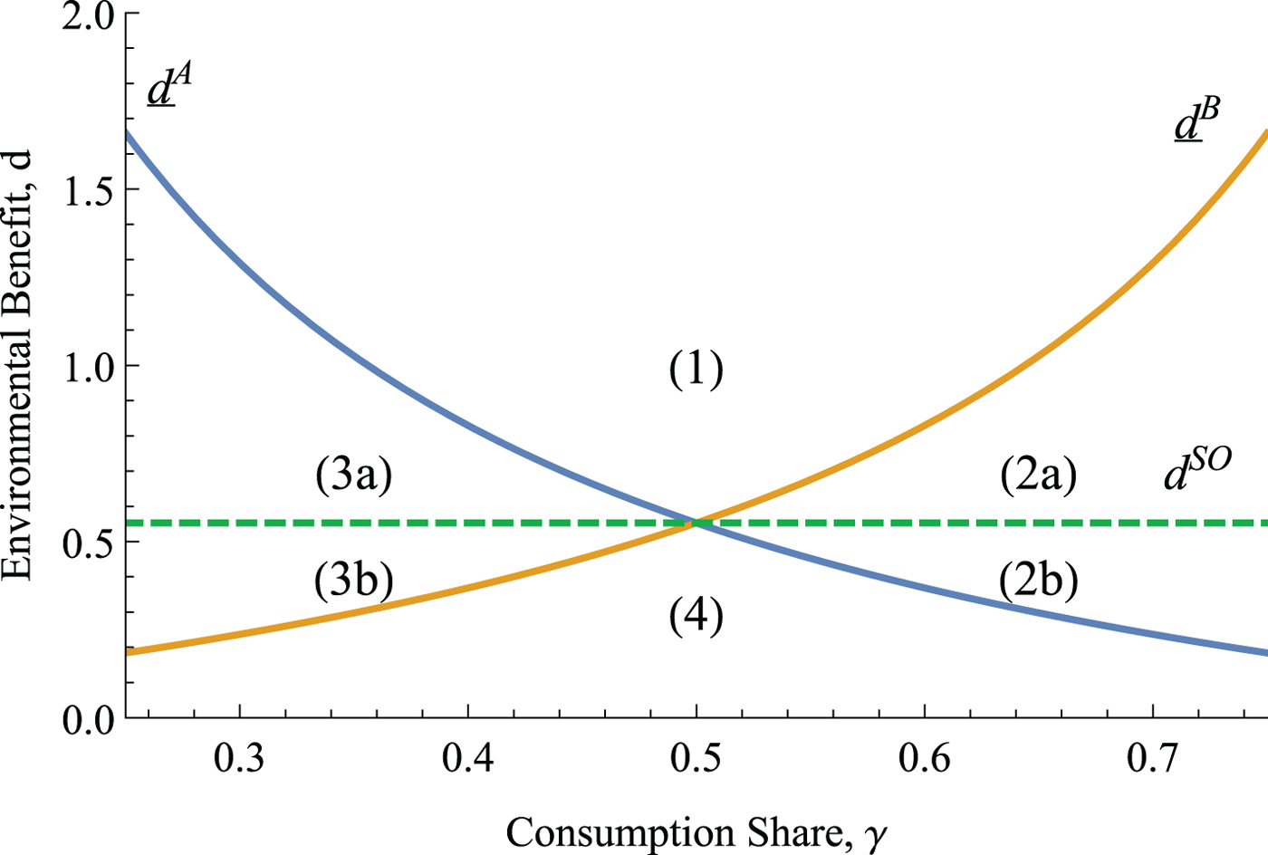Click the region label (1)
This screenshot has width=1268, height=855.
click(696, 370)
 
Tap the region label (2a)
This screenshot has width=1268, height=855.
click(1039, 475)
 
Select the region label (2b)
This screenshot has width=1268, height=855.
click(1038, 581)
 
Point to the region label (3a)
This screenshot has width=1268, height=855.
click(353, 475)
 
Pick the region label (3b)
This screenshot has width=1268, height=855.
click(353, 581)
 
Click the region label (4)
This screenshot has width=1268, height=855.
click(696, 617)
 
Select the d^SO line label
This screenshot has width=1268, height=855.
click(1196, 471)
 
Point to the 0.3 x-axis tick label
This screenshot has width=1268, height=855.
click(239, 757)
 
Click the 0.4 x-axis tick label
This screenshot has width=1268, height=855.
click(467, 757)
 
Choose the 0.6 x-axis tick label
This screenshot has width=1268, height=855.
click(925, 757)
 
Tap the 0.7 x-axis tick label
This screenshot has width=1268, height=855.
click(1153, 757)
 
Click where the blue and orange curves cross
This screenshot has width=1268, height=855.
click(696, 522)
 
